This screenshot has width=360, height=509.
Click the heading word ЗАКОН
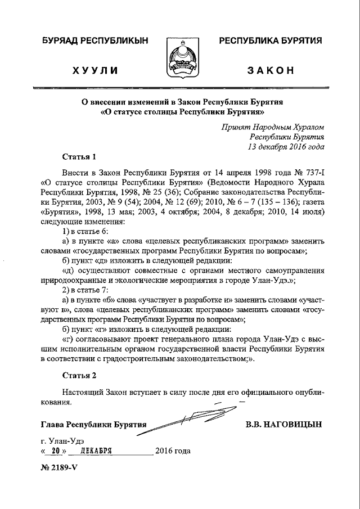tap(271, 70)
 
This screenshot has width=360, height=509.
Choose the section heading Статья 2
tap(80, 375)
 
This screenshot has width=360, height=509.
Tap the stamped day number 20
tap(54, 451)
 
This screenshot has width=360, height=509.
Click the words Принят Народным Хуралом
tap(273, 127)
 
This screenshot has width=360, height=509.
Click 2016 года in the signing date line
tap(173, 451)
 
